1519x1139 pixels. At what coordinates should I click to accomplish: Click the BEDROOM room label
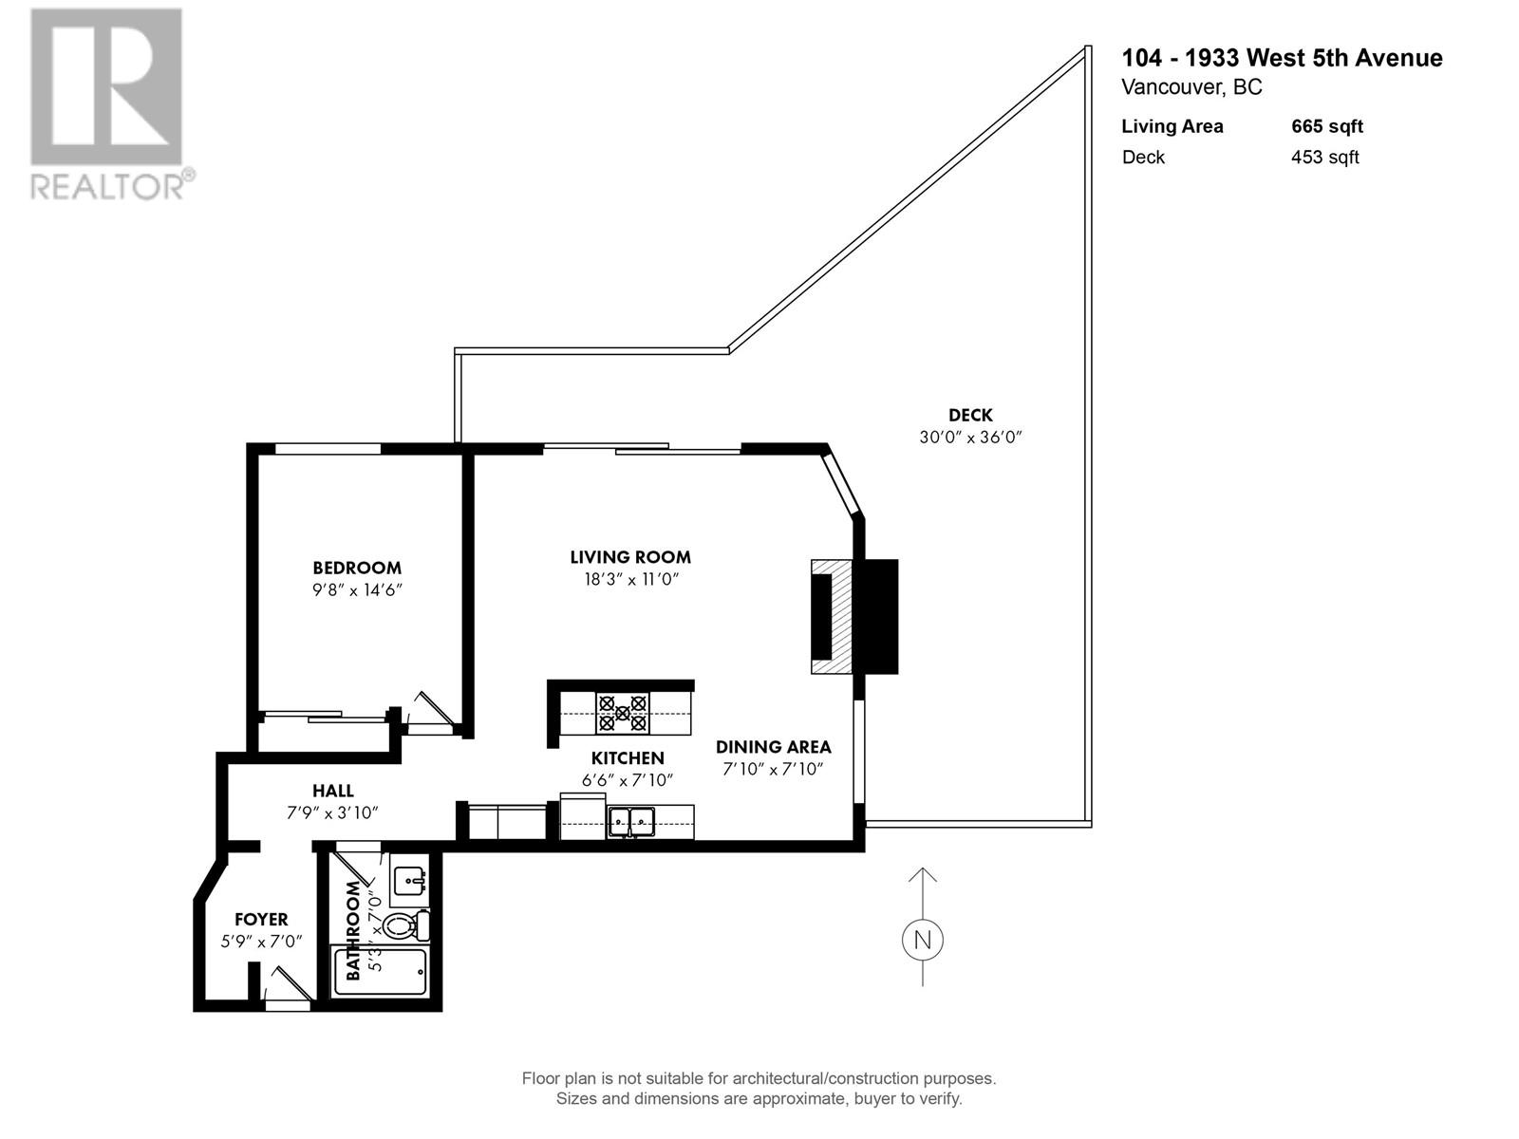(357, 568)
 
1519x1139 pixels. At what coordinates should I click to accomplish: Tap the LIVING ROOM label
(630, 557)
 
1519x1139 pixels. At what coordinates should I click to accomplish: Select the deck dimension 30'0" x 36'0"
(970, 438)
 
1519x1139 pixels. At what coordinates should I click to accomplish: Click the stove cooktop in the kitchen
(623, 713)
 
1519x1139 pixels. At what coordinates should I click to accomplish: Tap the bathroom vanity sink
(410, 880)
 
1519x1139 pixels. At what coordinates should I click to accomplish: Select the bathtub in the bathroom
(380, 971)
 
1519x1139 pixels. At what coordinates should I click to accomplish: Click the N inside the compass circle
(922, 940)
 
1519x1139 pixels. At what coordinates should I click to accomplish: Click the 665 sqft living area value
(1326, 126)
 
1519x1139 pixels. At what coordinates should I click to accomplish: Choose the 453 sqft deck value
(1324, 158)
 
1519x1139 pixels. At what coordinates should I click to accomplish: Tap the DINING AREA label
(773, 747)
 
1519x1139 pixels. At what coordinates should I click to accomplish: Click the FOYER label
(261, 919)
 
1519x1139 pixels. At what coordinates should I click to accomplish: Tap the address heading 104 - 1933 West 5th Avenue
(1282, 58)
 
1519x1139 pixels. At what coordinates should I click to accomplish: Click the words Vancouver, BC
(1191, 87)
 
